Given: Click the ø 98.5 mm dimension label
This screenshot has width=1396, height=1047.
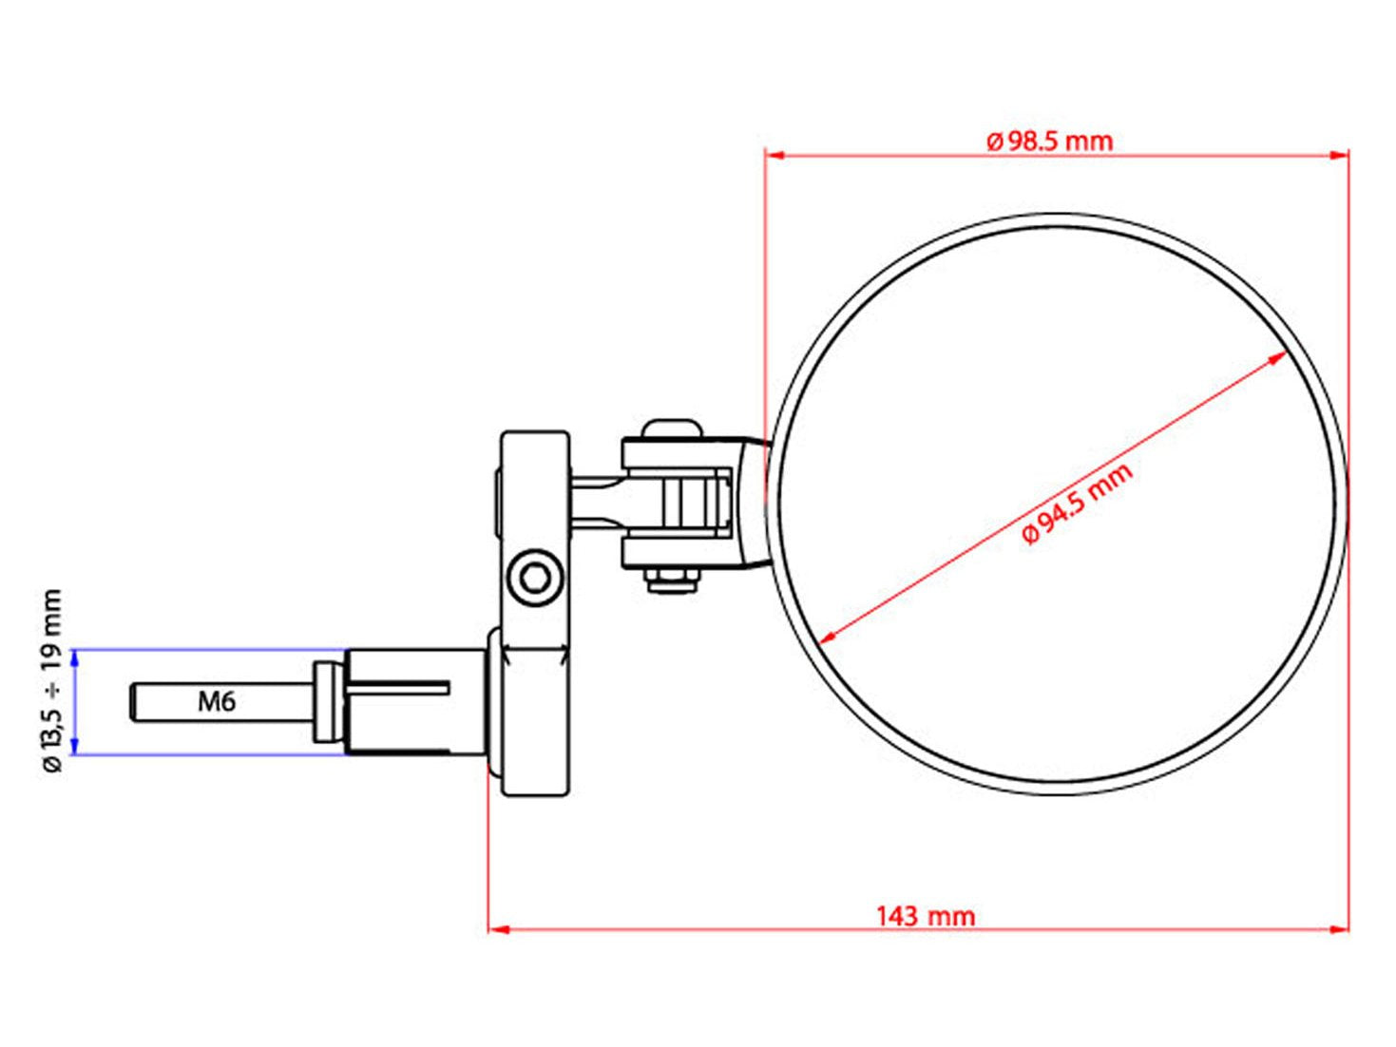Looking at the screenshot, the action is (x=1049, y=142).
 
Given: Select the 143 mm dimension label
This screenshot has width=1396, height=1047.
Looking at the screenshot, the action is (x=926, y=916).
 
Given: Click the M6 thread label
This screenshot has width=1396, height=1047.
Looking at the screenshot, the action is (x=217, y=702).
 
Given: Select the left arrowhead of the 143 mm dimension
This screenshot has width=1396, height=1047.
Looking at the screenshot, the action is (x=498, y=930).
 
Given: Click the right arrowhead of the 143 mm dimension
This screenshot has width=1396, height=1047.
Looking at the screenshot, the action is (x=1338, y=930).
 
